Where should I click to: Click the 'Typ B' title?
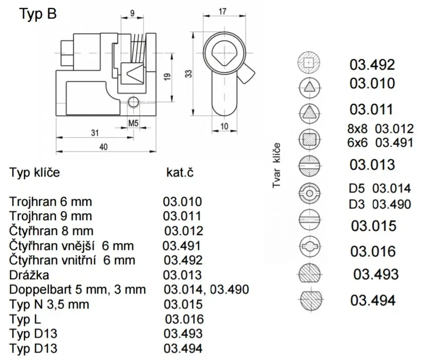point(38,14)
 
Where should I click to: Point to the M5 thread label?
point(133,123)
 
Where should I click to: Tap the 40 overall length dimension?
point(104,147)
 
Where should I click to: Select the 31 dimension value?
point(95,133)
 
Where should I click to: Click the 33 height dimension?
point(189,74)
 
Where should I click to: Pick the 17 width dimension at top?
point(222,12)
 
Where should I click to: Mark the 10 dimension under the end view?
point(224,127)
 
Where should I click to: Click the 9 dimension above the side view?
point(132,13)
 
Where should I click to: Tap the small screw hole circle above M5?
point(133,102)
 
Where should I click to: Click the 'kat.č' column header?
point(180,172)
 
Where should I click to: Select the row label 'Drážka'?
point(29,275)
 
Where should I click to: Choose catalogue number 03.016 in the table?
point(184,319)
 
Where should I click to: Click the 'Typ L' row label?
point(25,319)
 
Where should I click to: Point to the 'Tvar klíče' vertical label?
point(276,165)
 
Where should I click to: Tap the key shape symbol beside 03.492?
point(309,63)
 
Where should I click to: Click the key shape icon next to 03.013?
point(309,166)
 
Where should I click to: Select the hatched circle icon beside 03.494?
point(311,300)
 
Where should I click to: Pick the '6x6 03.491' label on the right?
point(380,143)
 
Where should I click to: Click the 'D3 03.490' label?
point(380,204)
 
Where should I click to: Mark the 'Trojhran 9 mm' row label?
point(51,216)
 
